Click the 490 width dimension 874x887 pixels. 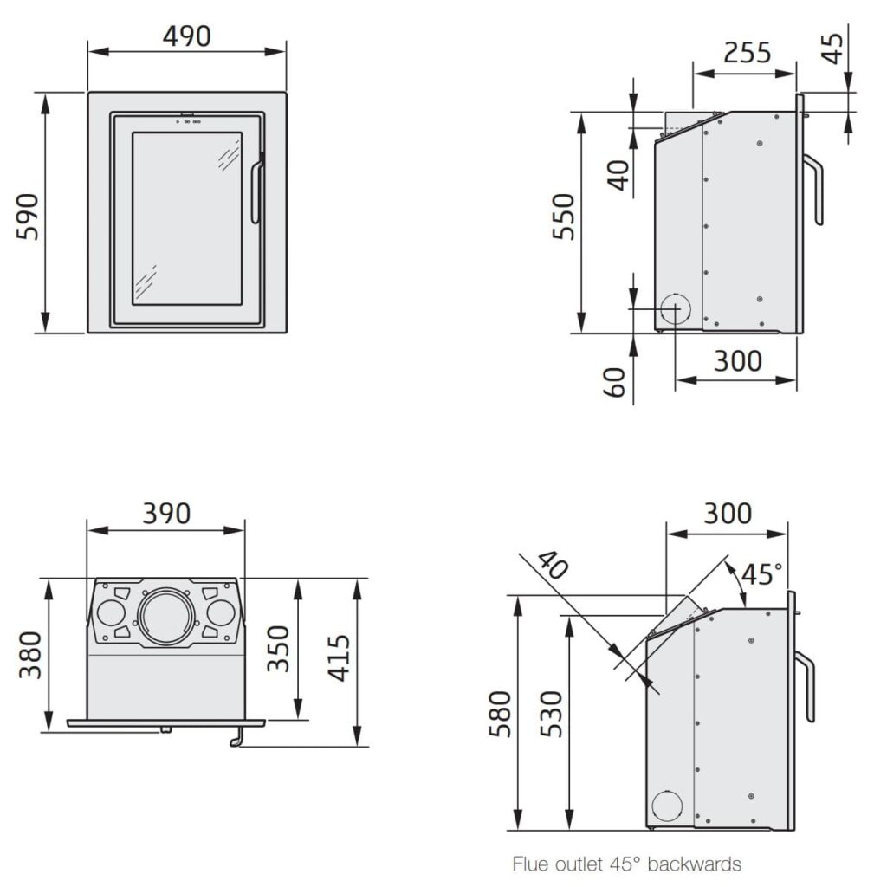187,36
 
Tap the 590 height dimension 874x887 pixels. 27,217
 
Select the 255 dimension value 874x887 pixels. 748,53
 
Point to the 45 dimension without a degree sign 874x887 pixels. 832,49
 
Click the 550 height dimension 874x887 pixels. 563,217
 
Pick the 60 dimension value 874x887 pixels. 614,382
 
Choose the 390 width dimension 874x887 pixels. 166,514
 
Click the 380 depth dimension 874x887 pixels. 30,655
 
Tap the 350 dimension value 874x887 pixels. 278,648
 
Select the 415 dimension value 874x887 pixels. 339,658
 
